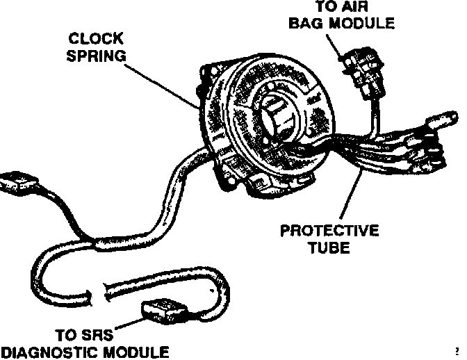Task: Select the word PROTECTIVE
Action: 329,231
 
